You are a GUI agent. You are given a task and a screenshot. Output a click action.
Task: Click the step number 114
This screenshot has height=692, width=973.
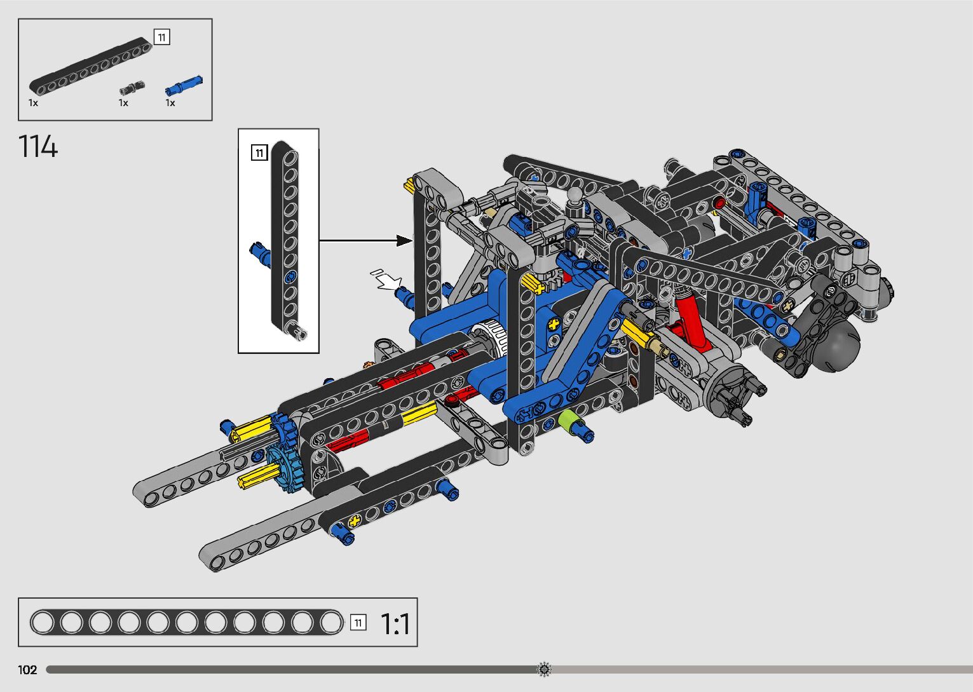pyautogui.click(x=38, y=146)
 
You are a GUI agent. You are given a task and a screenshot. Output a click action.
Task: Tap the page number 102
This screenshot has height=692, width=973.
pyautogui.click(x=27, y=669)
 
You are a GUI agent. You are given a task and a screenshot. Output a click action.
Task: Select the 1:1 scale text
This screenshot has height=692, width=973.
pyautogui.click(x=395, y=624)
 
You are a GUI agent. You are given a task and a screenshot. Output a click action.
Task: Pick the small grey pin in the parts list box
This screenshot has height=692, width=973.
pyautogui.click(x=132, y=88)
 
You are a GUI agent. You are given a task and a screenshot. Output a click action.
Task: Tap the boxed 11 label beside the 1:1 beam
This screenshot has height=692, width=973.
pyautogui.click(x=358, y=623)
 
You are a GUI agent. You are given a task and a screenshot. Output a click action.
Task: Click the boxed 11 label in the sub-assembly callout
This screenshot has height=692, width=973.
pyautogui.click(x=259, y=153)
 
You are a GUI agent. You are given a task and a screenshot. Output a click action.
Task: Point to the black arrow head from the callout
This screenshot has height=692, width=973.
pyautogui.click(x=404, y=240)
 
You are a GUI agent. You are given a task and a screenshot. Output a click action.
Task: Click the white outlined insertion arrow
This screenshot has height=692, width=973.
pyautogui.click(x=386, y=280)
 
